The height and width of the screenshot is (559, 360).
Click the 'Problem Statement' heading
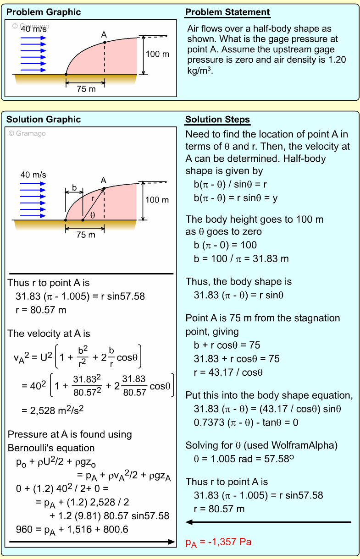point(227,12)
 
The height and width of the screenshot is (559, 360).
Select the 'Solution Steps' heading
point(217,120)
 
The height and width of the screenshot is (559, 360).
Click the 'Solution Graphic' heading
point(44,120)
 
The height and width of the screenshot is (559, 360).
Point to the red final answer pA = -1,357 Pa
point(218,543)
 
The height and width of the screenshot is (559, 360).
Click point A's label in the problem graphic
point(104,34)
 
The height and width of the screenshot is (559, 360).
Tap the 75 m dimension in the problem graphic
point(86,89)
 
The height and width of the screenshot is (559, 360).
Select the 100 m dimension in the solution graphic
point(157,200)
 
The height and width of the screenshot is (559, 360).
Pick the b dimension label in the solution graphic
point(74,187)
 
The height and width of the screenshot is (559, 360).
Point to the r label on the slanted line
point(92,199)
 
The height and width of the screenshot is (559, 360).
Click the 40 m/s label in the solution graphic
point(33,175)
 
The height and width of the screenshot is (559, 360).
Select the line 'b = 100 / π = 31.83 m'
point(241,258)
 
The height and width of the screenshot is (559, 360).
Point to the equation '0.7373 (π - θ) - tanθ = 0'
point(246,422)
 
